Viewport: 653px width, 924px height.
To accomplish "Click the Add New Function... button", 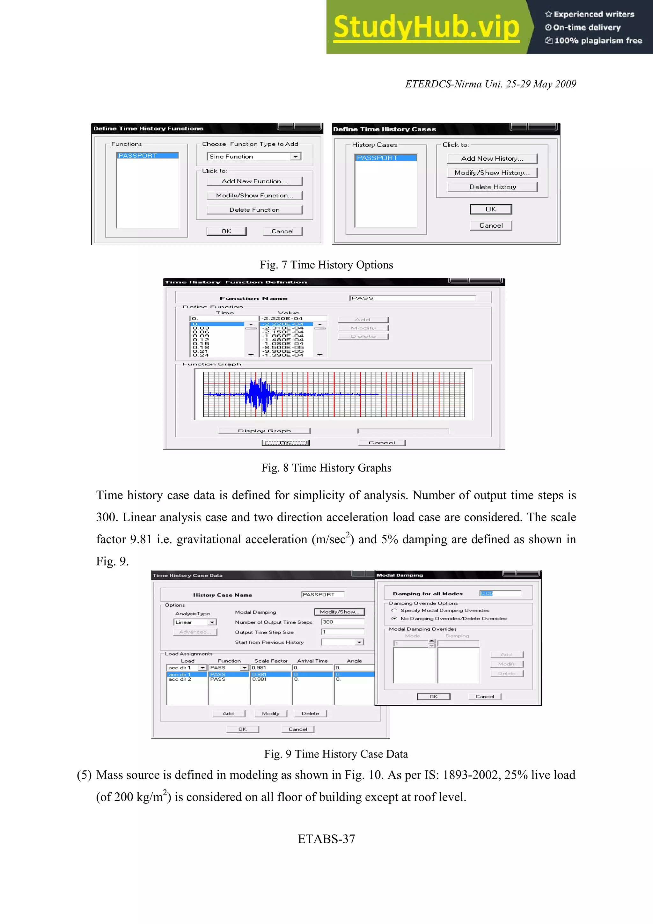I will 254,181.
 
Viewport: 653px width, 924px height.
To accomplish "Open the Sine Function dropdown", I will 296,157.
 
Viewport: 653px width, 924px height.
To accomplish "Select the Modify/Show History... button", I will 492,172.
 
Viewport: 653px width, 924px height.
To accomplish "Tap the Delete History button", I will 492,187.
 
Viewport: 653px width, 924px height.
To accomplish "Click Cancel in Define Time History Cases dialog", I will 490,225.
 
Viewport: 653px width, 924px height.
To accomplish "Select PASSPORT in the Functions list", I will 147,156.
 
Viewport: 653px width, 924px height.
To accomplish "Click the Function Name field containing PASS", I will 412,298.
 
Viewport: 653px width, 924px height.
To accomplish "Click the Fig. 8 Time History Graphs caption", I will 326,468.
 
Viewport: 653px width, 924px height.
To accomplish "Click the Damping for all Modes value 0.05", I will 500,593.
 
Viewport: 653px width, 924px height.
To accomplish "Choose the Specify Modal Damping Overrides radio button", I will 394,611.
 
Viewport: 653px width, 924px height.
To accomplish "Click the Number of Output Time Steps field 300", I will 342,622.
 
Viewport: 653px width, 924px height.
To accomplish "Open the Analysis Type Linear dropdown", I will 212,622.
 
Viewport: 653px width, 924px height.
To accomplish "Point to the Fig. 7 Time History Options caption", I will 326,265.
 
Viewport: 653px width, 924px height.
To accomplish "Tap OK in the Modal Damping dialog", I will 433,696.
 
